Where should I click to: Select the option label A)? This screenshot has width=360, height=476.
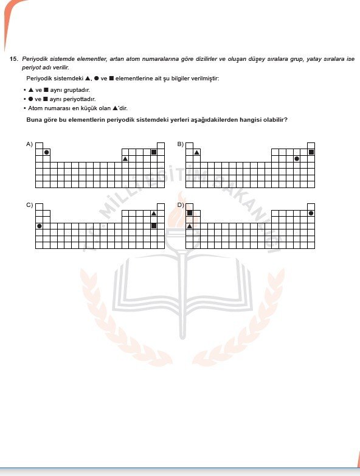tap(29, 144)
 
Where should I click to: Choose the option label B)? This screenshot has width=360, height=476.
tap(180, 144)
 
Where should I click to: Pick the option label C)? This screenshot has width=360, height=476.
tap(29, 205)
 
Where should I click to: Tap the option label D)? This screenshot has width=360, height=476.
tap(180, 205)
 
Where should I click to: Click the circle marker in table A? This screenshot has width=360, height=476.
tap(46, 152)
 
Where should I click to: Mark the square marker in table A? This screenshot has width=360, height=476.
tap(154, 152)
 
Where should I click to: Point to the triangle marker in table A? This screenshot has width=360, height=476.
tap(125, 159)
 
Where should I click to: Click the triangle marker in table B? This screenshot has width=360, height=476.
tap(197, 152)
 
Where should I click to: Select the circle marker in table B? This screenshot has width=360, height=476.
tap(297, 159)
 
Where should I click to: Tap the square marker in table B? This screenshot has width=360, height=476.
tap(311, 152)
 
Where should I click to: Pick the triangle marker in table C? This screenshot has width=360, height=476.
tap(154, 213)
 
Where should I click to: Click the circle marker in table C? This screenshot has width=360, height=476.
tap(40, 226)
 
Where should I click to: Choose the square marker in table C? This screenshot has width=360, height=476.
tap(154, 226)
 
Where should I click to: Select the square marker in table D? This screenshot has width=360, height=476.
tap(190, 213)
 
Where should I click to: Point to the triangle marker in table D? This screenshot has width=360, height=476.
tap(190, 226)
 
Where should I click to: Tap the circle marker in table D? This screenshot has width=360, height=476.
tap(311, 213)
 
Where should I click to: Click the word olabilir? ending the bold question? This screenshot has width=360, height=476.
tap(274, 119)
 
